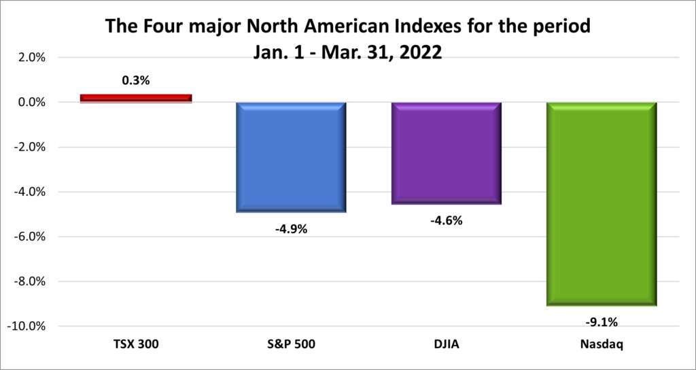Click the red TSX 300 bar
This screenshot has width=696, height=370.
click(136, 98)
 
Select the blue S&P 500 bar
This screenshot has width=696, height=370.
click(292, 157)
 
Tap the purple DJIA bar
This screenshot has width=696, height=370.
click(447, 153)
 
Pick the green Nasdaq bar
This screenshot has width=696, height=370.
click(602, 203)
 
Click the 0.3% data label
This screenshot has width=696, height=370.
click(136, 80)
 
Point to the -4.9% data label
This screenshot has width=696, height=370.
click(292, 229)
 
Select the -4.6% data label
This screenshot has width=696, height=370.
click(447, 220)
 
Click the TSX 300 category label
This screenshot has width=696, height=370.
click(136, 345)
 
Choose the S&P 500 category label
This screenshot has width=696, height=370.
click(292, 345)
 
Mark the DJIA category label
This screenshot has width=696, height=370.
click(447, 345)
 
